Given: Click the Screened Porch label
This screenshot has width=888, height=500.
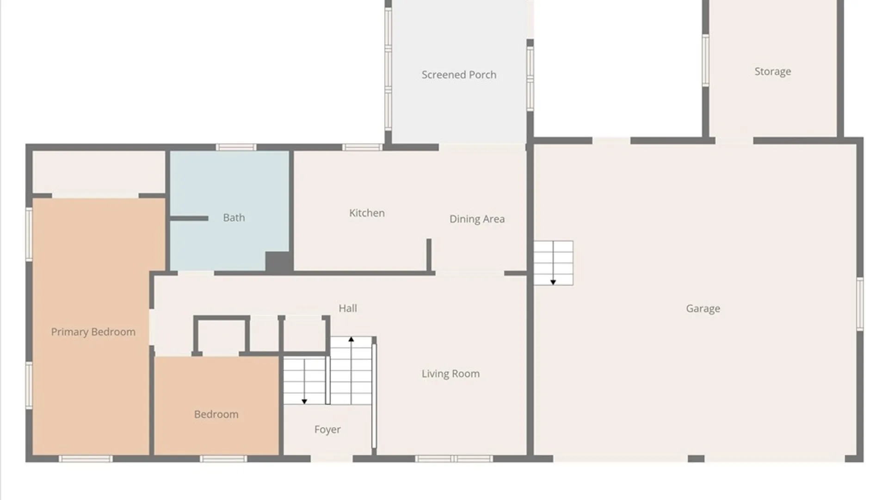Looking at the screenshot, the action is [x=459, y=75].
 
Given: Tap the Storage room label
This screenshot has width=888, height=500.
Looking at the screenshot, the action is [x=772, y=71].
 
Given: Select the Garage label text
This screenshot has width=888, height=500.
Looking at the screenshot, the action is [x=703, y=308].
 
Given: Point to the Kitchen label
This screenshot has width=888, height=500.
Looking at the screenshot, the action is [x=367, y=213].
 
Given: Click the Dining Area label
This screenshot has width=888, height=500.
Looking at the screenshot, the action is [x=477, y=219].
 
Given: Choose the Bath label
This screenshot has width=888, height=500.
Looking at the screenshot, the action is [x=234, y=218].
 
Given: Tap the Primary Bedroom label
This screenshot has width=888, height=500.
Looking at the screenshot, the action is [x=93, y=332].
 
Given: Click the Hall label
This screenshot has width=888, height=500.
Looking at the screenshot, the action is [x=348, y=308].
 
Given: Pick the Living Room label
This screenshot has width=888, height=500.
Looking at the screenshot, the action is [x=450, y=374].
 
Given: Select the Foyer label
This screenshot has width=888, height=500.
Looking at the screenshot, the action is [x=327, y=430].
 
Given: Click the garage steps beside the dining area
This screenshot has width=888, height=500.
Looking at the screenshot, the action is [x=554, y=263].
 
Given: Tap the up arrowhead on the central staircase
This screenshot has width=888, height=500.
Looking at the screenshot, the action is [x=351, y=339].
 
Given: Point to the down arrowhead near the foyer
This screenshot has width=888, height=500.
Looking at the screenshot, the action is [x=304, y=401].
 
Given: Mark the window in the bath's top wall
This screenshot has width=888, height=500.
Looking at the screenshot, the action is [x=236, y=147].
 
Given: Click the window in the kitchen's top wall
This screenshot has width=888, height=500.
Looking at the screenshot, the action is [x=362, y=147].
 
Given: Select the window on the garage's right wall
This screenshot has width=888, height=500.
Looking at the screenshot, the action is [x=860, y=304].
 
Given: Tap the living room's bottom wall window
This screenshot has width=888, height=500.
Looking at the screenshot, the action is [x=454, y=459].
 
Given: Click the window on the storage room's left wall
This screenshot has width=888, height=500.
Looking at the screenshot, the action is [x=705, y=60].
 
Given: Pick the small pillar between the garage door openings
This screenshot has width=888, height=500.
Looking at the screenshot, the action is [x=696, y=459].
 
